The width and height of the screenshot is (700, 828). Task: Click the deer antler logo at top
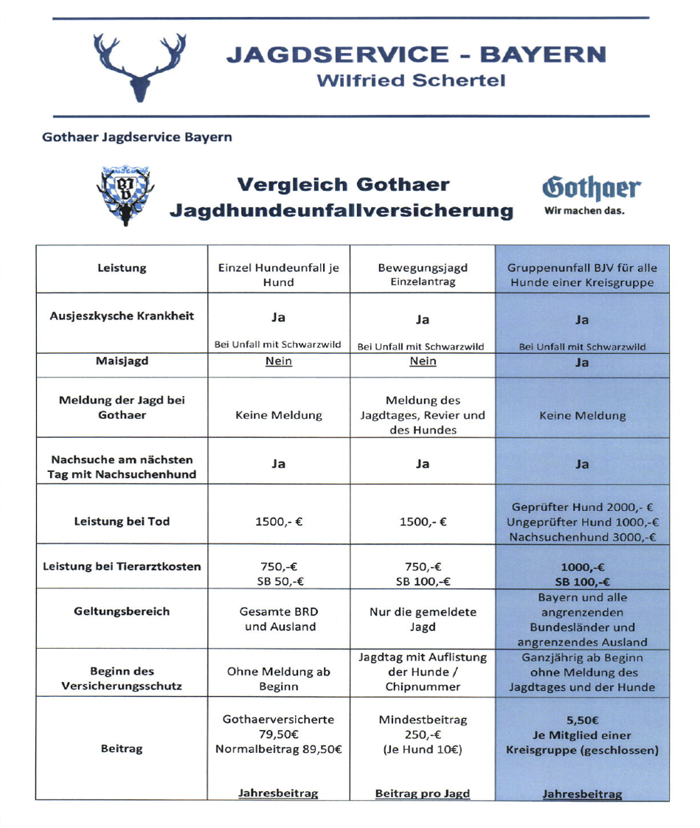click(140, 67)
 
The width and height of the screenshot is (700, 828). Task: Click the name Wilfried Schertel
click(411, 80)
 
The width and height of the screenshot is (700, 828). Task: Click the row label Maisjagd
click(122, 362)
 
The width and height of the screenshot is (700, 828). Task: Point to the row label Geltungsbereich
click(122, 611)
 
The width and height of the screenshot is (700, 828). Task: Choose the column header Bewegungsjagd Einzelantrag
click(423, 274)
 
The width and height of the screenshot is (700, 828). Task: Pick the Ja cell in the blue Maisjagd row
click(582, 363)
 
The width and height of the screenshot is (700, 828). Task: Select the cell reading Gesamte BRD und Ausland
click(278, 619)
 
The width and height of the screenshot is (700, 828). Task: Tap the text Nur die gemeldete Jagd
click(423, 619)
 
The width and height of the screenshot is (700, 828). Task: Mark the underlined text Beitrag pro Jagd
click(423, 793)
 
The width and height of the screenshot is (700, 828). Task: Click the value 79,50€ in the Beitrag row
click(278, 734)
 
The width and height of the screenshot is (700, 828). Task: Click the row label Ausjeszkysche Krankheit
click(122, 316)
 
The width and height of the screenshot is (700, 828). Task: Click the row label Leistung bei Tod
click(122, 521)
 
